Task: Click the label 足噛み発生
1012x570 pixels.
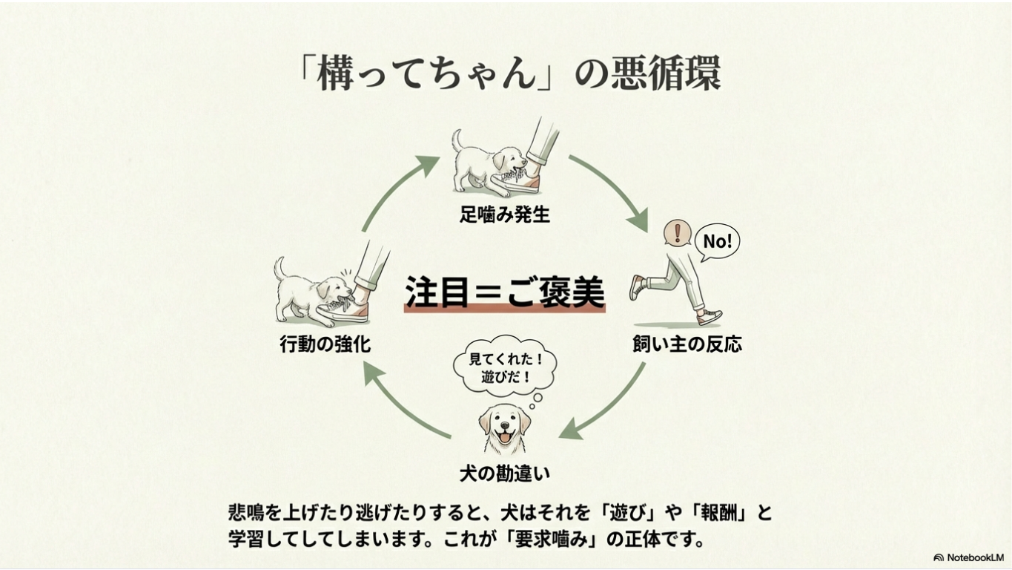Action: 504,215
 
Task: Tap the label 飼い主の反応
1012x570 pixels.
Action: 687,344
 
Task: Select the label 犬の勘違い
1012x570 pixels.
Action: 504,473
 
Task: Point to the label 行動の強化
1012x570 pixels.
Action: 325,344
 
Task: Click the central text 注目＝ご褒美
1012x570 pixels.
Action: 504,291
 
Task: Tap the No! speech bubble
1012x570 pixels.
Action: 717,241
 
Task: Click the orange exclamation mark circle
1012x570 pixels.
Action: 676,233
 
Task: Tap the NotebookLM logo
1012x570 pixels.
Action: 968,557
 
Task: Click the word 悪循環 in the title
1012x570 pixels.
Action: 664,74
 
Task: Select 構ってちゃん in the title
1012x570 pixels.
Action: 426,74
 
